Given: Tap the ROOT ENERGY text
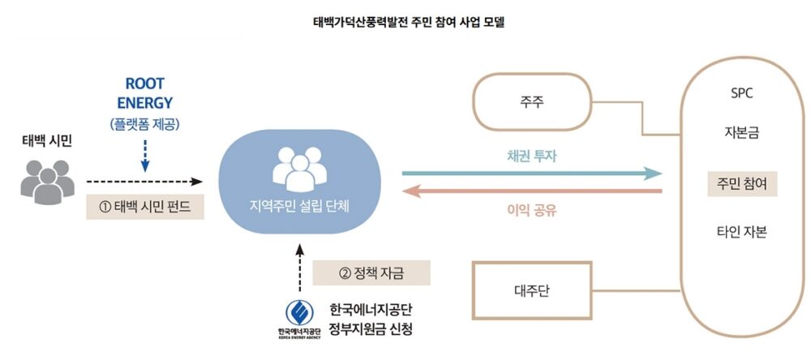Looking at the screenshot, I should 145,93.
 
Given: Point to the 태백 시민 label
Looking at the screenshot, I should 47,141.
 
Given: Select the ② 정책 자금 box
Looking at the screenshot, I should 371,272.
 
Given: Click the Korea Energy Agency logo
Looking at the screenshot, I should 298,314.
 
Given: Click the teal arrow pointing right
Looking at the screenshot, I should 532,174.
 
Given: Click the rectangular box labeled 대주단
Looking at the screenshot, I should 531,289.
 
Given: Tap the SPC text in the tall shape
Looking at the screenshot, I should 741,93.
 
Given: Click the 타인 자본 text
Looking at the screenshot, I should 742,232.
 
